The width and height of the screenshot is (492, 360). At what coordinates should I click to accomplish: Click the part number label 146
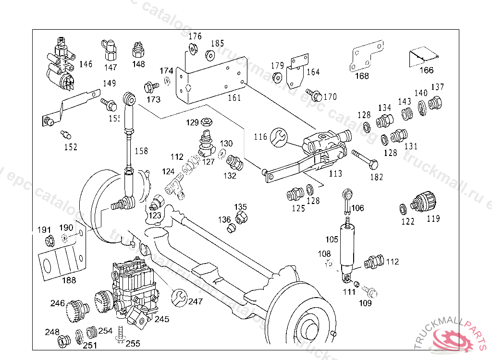pyautogui.click(x=86, y=64)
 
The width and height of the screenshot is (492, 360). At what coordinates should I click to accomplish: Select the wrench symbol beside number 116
pyautogui.click(x=279, y=137)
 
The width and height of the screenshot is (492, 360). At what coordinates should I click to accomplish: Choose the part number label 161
pyautogui.click(x=234, y=98)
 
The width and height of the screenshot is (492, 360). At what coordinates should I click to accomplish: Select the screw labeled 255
pyautogui.click(x=120, y=334)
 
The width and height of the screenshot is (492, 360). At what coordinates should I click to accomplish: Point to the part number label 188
pyautogui.click(x=69, y=280)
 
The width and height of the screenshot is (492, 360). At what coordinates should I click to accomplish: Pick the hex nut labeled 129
pyautogui.click(x=207, y=122)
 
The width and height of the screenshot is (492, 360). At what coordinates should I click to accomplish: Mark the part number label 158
pyautogui.click(x=141, y=151)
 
